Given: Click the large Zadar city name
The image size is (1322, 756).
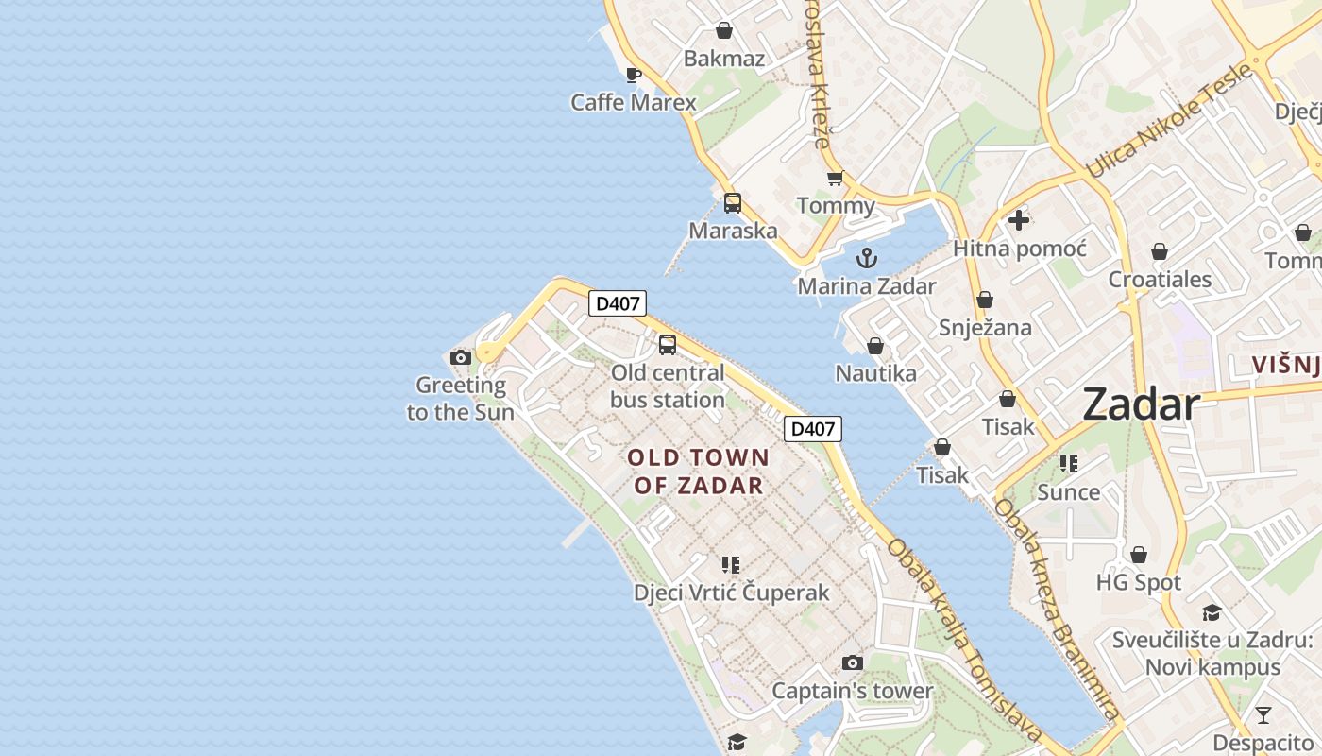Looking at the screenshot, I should pos(1141,404).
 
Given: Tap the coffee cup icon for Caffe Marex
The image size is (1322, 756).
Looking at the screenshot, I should pos(634,75).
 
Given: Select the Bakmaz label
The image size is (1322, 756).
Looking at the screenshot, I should pos(723,59).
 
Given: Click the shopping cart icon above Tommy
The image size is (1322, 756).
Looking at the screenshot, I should pos(835,178).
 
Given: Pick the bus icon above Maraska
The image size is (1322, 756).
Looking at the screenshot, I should pos(733,202).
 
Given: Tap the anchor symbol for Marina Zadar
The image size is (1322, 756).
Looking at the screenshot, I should pos(866,258).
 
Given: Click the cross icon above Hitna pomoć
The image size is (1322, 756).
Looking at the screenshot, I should pos(1018,220).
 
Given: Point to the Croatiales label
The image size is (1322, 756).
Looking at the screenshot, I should pos(1160,280).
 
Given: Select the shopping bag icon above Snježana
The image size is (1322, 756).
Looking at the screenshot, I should pos(985,300).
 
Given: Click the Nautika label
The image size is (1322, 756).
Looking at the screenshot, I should pos(875,373).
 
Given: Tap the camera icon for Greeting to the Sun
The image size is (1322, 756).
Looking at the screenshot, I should pos(461,357).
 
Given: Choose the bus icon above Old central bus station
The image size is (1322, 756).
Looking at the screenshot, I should pos(668,345).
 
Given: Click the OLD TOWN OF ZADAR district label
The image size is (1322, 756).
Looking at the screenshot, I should pos(698,472).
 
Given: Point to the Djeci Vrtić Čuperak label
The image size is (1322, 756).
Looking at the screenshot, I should pos(731,593).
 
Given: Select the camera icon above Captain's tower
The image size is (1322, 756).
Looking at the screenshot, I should pos(852,662).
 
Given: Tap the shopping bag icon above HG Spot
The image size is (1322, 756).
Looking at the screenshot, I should pos(1139,555).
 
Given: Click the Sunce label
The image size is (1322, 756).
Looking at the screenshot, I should pos(1068,492).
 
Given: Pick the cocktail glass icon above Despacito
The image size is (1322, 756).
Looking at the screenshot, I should pos(1263,714).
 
